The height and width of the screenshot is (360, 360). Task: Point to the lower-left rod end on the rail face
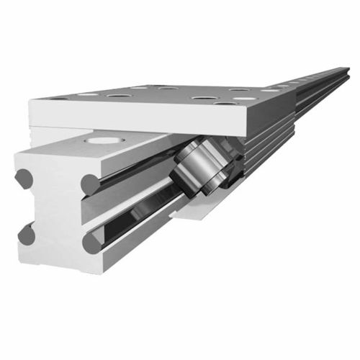[x=27, y=234]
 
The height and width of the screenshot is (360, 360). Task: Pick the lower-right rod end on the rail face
[x=92, y=243]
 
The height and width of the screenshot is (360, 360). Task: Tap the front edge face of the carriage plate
[x=137, y=119]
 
